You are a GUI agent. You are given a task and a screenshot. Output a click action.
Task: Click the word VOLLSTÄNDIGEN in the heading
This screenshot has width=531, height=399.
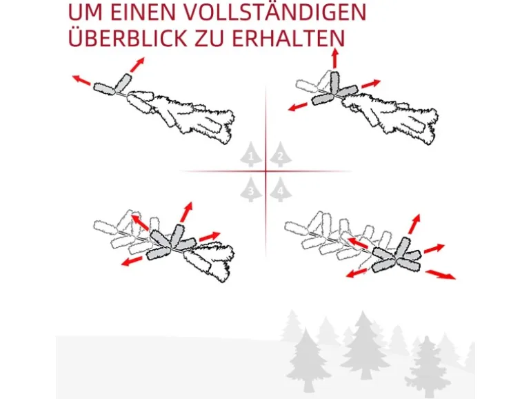tap(275, 12)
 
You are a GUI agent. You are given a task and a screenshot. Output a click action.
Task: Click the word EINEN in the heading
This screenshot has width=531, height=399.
tap(143, 12)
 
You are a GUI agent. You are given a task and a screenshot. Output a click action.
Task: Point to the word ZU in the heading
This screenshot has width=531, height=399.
tap(209, 38)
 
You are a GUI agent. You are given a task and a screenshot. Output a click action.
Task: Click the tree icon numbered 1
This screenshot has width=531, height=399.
tap(250, 155)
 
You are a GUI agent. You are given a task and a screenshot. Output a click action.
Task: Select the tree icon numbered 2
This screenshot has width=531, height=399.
tap(281, 155)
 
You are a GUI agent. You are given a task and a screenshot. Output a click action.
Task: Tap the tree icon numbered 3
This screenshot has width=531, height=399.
tap(250, 190)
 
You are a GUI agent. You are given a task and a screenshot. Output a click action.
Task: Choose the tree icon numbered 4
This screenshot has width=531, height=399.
tap(281, 190)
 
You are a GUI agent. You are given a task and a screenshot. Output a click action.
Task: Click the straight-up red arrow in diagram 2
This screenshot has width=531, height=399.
tap(335, 58)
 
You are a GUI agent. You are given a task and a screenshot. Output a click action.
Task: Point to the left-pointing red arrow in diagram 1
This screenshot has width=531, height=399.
tap(81, 80)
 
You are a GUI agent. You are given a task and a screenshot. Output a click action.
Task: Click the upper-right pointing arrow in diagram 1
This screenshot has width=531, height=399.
tap(137, 64)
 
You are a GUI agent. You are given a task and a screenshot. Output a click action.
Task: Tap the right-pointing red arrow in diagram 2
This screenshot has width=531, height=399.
tap(371, 84)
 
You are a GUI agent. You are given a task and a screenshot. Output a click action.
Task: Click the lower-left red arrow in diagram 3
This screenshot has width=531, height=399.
tap(132, 261)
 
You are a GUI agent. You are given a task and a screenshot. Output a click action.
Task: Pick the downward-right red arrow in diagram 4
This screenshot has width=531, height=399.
tap(441, 275)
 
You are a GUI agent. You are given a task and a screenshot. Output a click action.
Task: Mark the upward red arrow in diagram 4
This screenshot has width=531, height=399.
tap(414, 224)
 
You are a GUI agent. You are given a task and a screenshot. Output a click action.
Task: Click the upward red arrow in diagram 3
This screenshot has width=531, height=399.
tap(186, 212)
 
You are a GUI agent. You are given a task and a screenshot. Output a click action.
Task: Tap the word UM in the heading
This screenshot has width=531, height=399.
tap(86, 12)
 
